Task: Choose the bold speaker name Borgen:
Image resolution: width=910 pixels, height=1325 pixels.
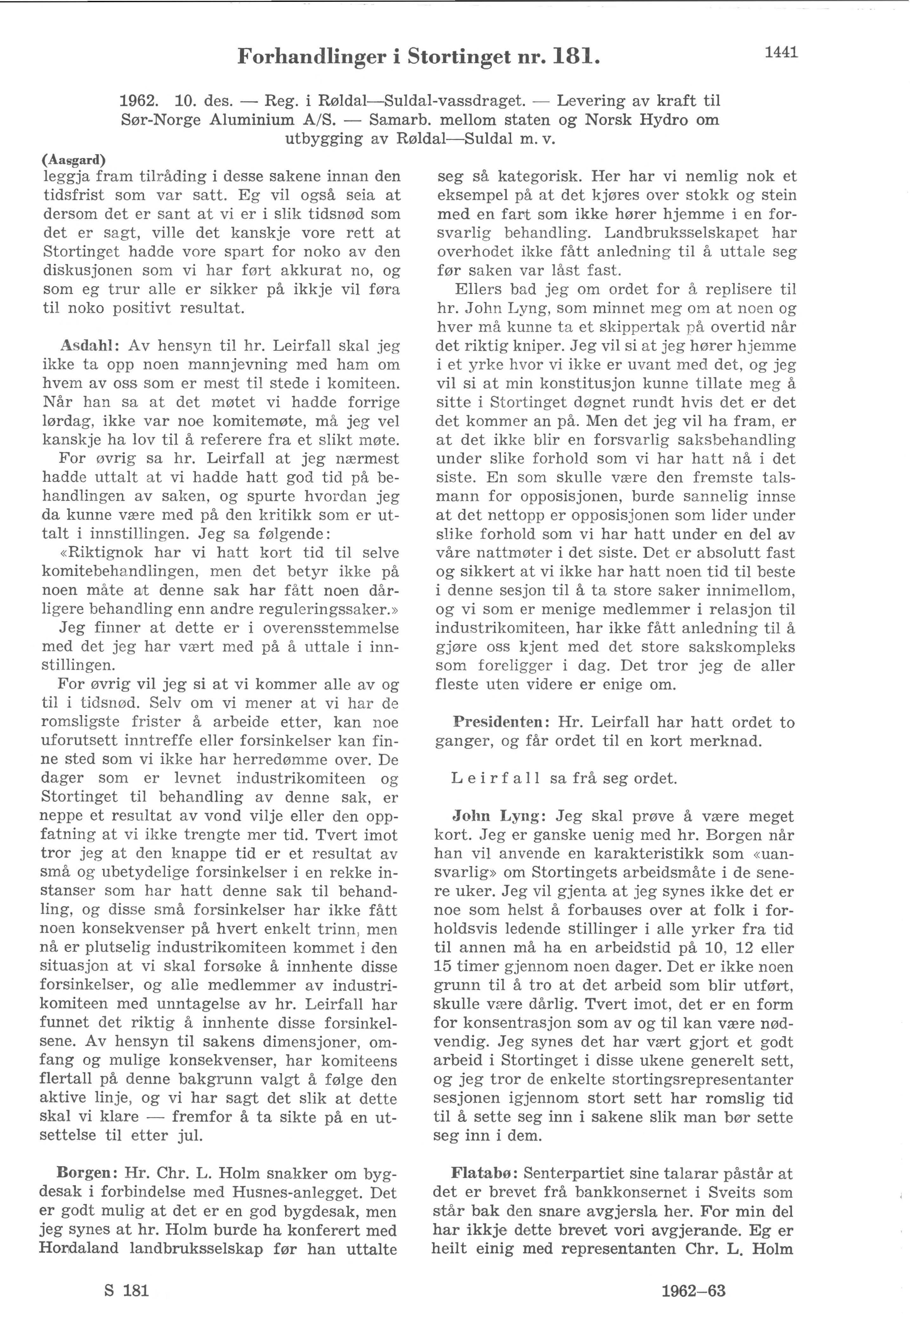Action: tap(87, 1174)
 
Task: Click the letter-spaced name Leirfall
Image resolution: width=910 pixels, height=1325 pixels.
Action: tap(496, 778)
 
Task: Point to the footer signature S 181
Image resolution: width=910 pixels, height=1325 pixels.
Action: tap(127, 1291)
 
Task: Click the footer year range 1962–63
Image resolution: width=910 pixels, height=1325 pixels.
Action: tap(693, 1291)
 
